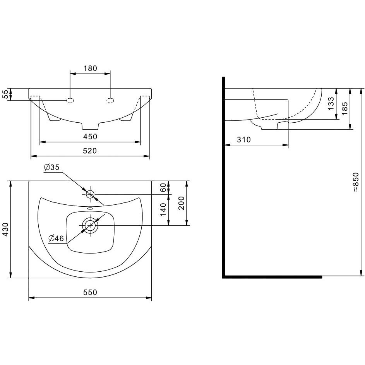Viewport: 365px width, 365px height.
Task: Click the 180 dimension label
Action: (x=90, y=69)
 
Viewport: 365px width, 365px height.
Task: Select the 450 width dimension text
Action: (x=90, y=137)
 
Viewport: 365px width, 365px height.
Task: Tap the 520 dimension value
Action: (x=90, y=151)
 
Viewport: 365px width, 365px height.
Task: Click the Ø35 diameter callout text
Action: (x=52, y=167)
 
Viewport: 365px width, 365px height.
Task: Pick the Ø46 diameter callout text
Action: (x=56, y=238)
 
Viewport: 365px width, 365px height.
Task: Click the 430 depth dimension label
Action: (x=5, y=229)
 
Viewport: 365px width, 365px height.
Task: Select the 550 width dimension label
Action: (x=90, y=292)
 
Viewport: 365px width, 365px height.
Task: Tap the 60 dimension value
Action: (x=163, y=187)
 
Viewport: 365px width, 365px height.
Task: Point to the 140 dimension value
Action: (x=163, y=209)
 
